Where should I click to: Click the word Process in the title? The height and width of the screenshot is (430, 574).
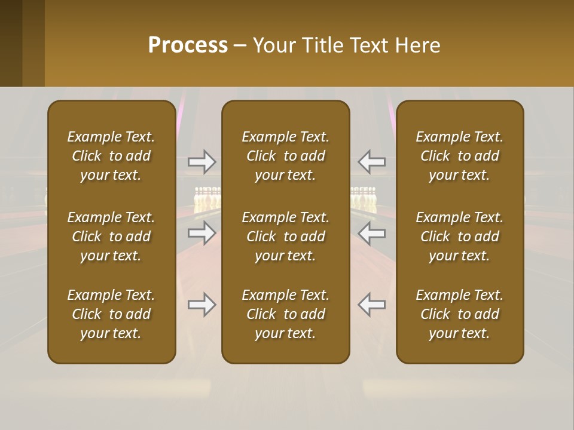[188, 45]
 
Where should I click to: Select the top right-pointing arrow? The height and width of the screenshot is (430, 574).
[201, 161]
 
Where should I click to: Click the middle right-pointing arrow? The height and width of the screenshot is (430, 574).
[201, 233]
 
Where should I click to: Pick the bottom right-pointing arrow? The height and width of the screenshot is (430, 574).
[201, 305]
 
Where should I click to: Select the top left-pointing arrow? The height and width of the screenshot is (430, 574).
[372, 161]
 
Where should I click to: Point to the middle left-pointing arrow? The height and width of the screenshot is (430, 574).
[372, 233]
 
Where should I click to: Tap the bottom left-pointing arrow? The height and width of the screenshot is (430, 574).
[372, 305]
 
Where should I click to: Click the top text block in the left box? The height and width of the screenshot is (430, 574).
[111, 156]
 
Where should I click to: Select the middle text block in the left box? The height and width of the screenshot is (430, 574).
[111, 236]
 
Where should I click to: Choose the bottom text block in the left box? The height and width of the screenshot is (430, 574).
[111, 314]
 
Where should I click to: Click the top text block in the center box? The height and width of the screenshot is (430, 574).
[285, 156]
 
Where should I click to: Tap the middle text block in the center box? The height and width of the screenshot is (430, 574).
[285, 236]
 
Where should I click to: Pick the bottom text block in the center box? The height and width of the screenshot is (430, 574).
[285, 314]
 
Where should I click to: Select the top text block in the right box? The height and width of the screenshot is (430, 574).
[459, 156]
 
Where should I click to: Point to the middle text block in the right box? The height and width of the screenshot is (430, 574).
[459, 236]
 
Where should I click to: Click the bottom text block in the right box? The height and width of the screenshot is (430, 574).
[459, 314]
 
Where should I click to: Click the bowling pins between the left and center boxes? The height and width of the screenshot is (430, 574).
[207, 199]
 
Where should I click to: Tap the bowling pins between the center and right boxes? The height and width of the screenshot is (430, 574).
[364, 198]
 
